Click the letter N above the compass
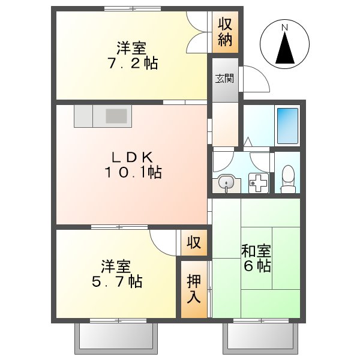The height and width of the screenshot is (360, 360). coord(285,27)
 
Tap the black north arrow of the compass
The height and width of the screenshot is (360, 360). coord(285,49)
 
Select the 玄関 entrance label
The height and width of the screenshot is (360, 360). coord(224,78)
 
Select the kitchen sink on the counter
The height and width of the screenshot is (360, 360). coord(118,115)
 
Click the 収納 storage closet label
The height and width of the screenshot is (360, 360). coord(225,32)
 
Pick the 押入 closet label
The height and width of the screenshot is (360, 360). coord(194,288)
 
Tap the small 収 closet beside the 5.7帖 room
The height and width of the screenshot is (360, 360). coord(193,243)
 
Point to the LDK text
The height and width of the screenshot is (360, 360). coord(133,157)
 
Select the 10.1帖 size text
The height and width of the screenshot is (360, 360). coord(133,173)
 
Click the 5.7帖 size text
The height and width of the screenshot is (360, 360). coord(116,281)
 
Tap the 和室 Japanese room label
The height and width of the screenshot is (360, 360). coord(256,251)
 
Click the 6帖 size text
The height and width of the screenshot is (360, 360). coord(256,266)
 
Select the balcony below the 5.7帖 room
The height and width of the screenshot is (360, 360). coord(118,339)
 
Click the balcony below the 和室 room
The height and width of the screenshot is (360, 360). coord(261,339)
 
